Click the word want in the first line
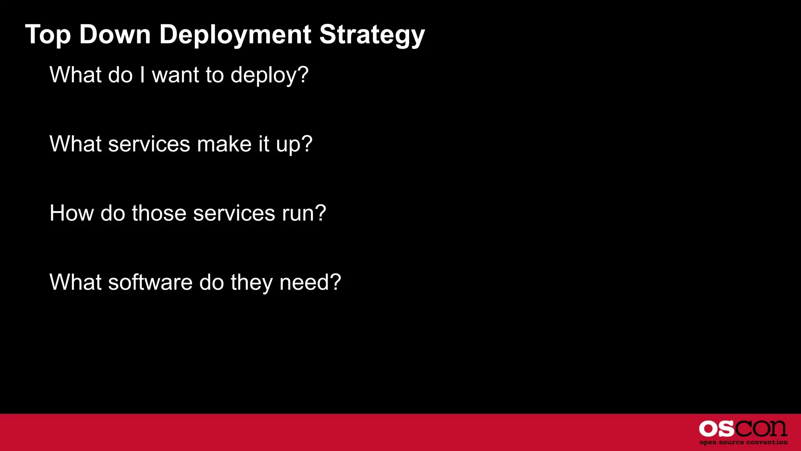pos(176,75)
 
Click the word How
pos(72,213)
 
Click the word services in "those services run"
pos(234,213)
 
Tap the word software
pos(150,282)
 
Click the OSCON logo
pos(743,429)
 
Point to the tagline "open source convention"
pos(743,442)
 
